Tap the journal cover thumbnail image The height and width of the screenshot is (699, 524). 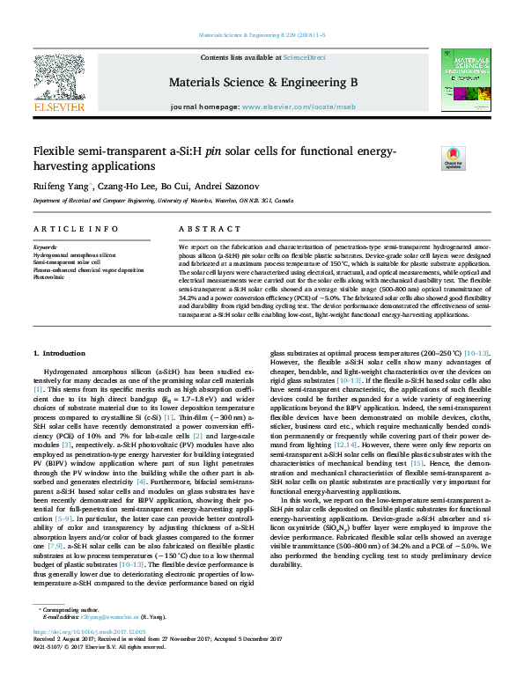465,80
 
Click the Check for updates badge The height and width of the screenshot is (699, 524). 428,158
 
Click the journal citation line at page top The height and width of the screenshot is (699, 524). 262,36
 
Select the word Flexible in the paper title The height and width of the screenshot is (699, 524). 55,151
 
